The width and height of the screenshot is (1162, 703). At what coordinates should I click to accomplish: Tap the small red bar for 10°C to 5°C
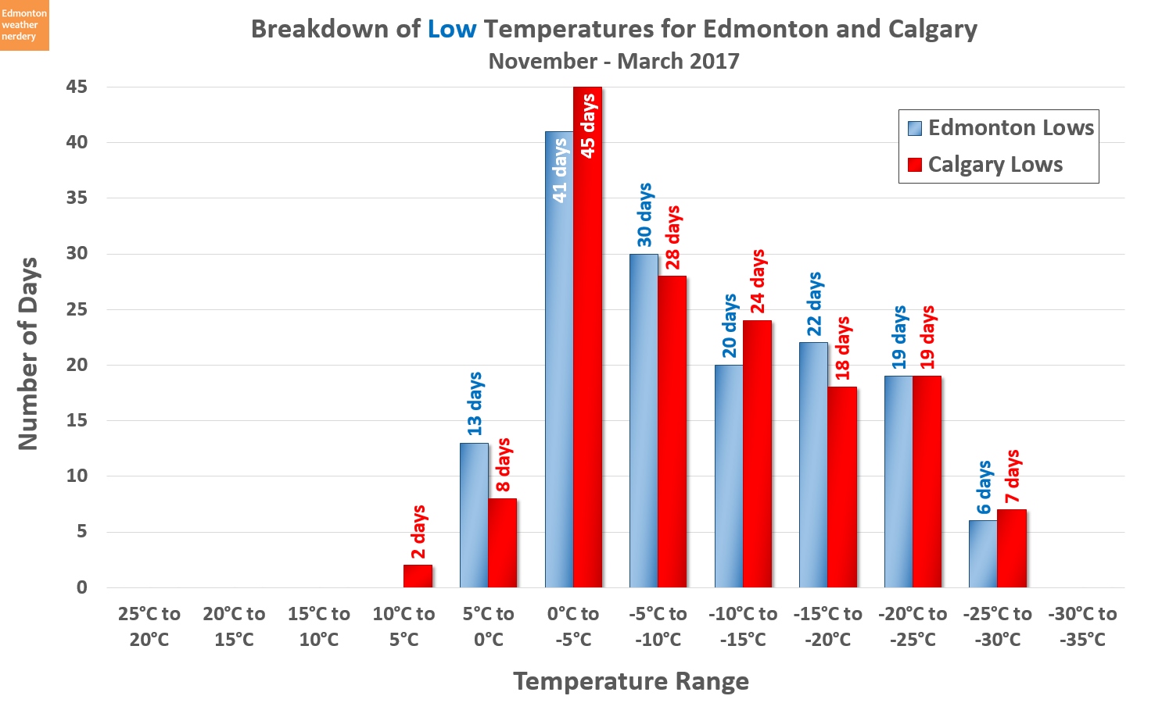418,576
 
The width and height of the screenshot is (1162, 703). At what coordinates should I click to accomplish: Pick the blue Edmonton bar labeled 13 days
474,516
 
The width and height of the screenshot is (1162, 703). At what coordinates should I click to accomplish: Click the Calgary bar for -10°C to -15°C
757,454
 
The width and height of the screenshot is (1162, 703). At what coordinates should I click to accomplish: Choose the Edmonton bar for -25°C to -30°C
983,554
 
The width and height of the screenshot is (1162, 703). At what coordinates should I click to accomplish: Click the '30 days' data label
644,215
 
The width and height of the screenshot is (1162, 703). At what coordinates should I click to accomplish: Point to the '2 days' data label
418,532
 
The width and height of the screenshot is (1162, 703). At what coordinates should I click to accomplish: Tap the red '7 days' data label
1012,476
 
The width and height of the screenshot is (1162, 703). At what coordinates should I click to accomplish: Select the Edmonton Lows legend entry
1000,128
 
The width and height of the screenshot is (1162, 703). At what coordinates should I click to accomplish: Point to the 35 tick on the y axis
77,198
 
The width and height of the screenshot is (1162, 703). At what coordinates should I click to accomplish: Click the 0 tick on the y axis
82,587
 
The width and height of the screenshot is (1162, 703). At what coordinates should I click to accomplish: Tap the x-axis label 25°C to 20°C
149,626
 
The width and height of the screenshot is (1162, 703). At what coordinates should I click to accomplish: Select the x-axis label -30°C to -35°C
1082,626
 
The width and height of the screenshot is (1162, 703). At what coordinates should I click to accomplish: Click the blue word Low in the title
451,29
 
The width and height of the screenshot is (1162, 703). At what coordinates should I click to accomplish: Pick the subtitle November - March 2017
614,61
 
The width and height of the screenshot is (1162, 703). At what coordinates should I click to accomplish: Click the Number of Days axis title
28,353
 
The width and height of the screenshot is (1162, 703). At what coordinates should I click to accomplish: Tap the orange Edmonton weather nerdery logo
24,25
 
